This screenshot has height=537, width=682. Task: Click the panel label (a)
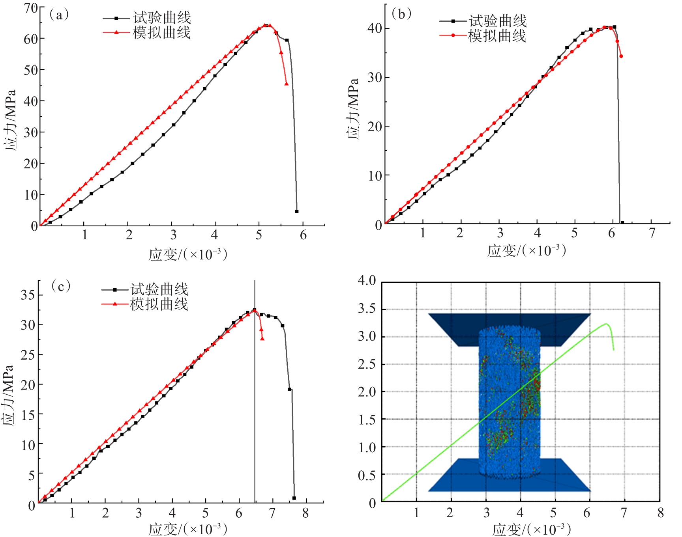click(59, 15)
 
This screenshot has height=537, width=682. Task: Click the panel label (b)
click(401, 14)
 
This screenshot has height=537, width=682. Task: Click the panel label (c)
click(61, 286)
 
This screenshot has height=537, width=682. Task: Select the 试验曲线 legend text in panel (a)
click(162, 18)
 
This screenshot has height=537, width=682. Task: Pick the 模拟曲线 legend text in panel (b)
click(497, 36)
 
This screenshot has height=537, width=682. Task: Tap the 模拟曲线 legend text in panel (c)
click(159, 304)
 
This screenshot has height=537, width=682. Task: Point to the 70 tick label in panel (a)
click(31, 8)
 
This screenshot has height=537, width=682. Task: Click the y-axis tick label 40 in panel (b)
click(375, 28)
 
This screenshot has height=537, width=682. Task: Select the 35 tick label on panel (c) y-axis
click(28, 295)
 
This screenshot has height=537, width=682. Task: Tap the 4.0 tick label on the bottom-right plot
click(367, 281)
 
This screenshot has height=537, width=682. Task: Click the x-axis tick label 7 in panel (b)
click(652, 233)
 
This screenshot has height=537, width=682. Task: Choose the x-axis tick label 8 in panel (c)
click(305, 513)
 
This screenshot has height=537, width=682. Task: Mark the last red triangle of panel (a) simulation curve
click(286, 84)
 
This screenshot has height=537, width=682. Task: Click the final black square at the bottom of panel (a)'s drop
click(296, 211)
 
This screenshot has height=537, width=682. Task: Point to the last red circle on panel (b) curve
click(621, 56)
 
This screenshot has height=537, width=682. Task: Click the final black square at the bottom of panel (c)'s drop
click(294, 498)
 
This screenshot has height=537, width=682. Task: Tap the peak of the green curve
click(606, 324)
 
